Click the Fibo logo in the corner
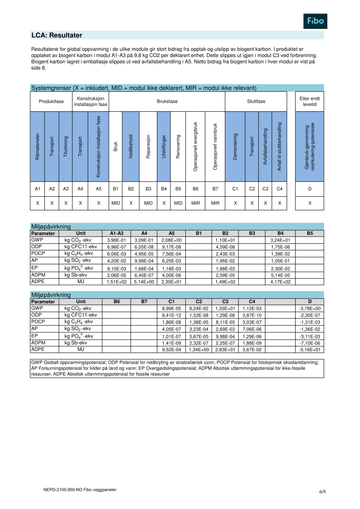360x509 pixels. pyautogui.click(x=316, y=21)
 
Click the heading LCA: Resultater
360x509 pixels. pyautogui.click(x=57, y=36)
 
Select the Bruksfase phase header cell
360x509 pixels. pyautogui.click(x=167, y=102)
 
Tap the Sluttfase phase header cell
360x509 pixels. pyautogui.click(x=255, y=102)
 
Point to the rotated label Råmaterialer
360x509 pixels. pyautogui.click(x=37, y=146)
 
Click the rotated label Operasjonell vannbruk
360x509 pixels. pyautogui.click(x=215, y=146)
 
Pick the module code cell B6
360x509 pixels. pyautogui.click(x=195, y=189)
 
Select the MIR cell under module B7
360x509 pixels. pyautogui.click(x=215, y=203)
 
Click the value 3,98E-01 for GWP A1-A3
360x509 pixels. pyautogui.click(x=116, y=240)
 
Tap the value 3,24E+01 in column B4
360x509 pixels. pyautogui.click(x=280, y=240)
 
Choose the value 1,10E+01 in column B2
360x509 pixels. pyautogui.click(x=225, y=240)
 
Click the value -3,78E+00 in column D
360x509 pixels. pyautogui.click(x=310, y=308)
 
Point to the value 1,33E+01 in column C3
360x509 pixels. pyautogui.click(x=225, y=308)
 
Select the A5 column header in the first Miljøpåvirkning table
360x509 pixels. pyautogui.click(x=171, y=233)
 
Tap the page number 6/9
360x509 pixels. pyautogui.click(x=323, y=492)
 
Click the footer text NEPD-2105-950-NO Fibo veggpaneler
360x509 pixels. pyautogui.click(x=76, y=490)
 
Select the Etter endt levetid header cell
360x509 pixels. pyautogui.click(x=310, y=102)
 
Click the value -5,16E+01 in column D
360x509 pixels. pyautogui.click(x=310, y=350)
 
